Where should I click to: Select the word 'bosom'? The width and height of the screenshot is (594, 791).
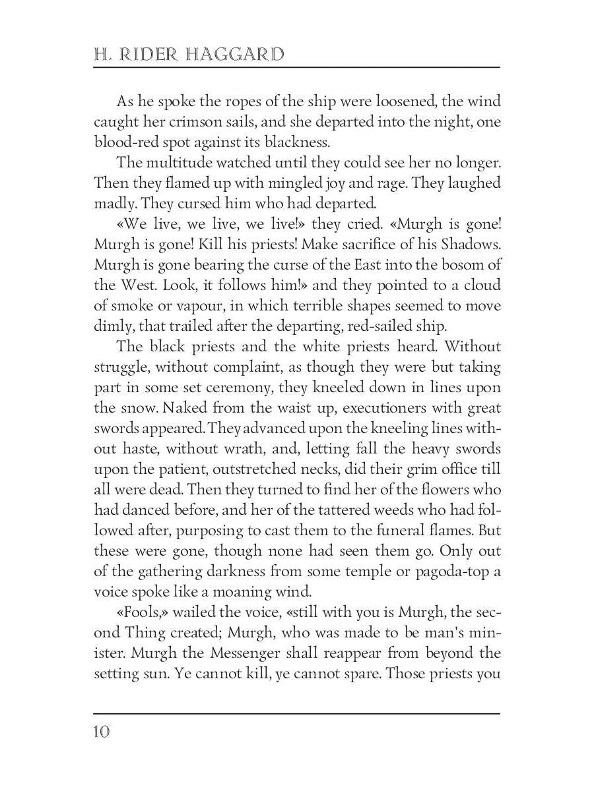coord(454,265)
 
